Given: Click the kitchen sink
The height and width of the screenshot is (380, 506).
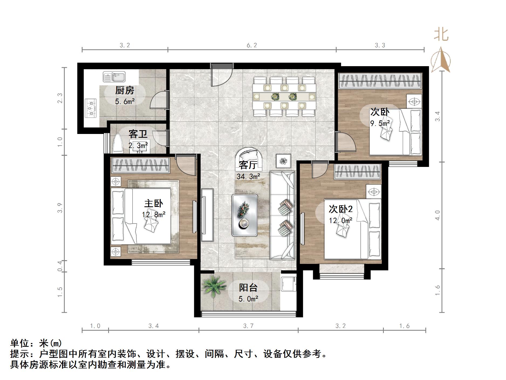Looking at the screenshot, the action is click(x=114, y=77).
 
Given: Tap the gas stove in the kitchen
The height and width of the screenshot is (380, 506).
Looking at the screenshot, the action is click(x=91, y=108).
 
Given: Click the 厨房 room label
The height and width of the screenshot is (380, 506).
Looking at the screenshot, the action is click(x=125, y=90).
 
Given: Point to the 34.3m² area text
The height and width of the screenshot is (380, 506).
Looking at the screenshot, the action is click(x=248, y=177).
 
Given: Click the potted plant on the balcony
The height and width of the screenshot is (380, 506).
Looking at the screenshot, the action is click(x=214, y=286).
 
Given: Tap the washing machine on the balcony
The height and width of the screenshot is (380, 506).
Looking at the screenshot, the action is click(x=289, y=284).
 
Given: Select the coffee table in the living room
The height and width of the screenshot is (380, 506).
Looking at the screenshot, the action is click(x=245, y=215).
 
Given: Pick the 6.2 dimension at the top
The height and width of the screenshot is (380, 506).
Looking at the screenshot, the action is click(x=252, y=45).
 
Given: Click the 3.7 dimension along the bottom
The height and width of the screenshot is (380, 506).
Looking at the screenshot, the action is click(x=248, y=326).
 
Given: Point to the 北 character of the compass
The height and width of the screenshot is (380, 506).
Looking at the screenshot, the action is click(x=441, y=34).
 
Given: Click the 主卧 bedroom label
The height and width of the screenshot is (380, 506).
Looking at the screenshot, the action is click(x=153, y=203).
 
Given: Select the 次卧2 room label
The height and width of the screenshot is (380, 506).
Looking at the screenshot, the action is click(x=341, y=209).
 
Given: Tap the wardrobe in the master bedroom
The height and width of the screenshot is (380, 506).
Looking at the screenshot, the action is click(x=141, y=166).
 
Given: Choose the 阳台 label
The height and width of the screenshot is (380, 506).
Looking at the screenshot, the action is click(x=248, y=288).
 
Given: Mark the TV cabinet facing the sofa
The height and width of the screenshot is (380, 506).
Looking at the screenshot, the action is click(x=207, y=215).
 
